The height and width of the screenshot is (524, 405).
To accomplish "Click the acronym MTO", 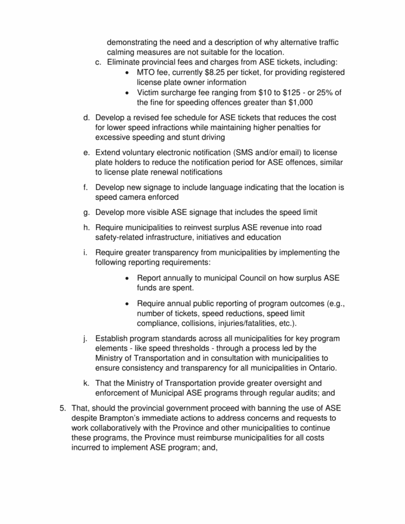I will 147,72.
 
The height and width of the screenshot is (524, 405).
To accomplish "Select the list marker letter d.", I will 86,118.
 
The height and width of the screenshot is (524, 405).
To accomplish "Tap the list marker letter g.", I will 86,212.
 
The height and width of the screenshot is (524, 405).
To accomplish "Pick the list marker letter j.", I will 87,338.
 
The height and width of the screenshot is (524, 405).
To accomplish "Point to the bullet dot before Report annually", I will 127,278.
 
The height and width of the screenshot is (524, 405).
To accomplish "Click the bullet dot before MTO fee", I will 127,72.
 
